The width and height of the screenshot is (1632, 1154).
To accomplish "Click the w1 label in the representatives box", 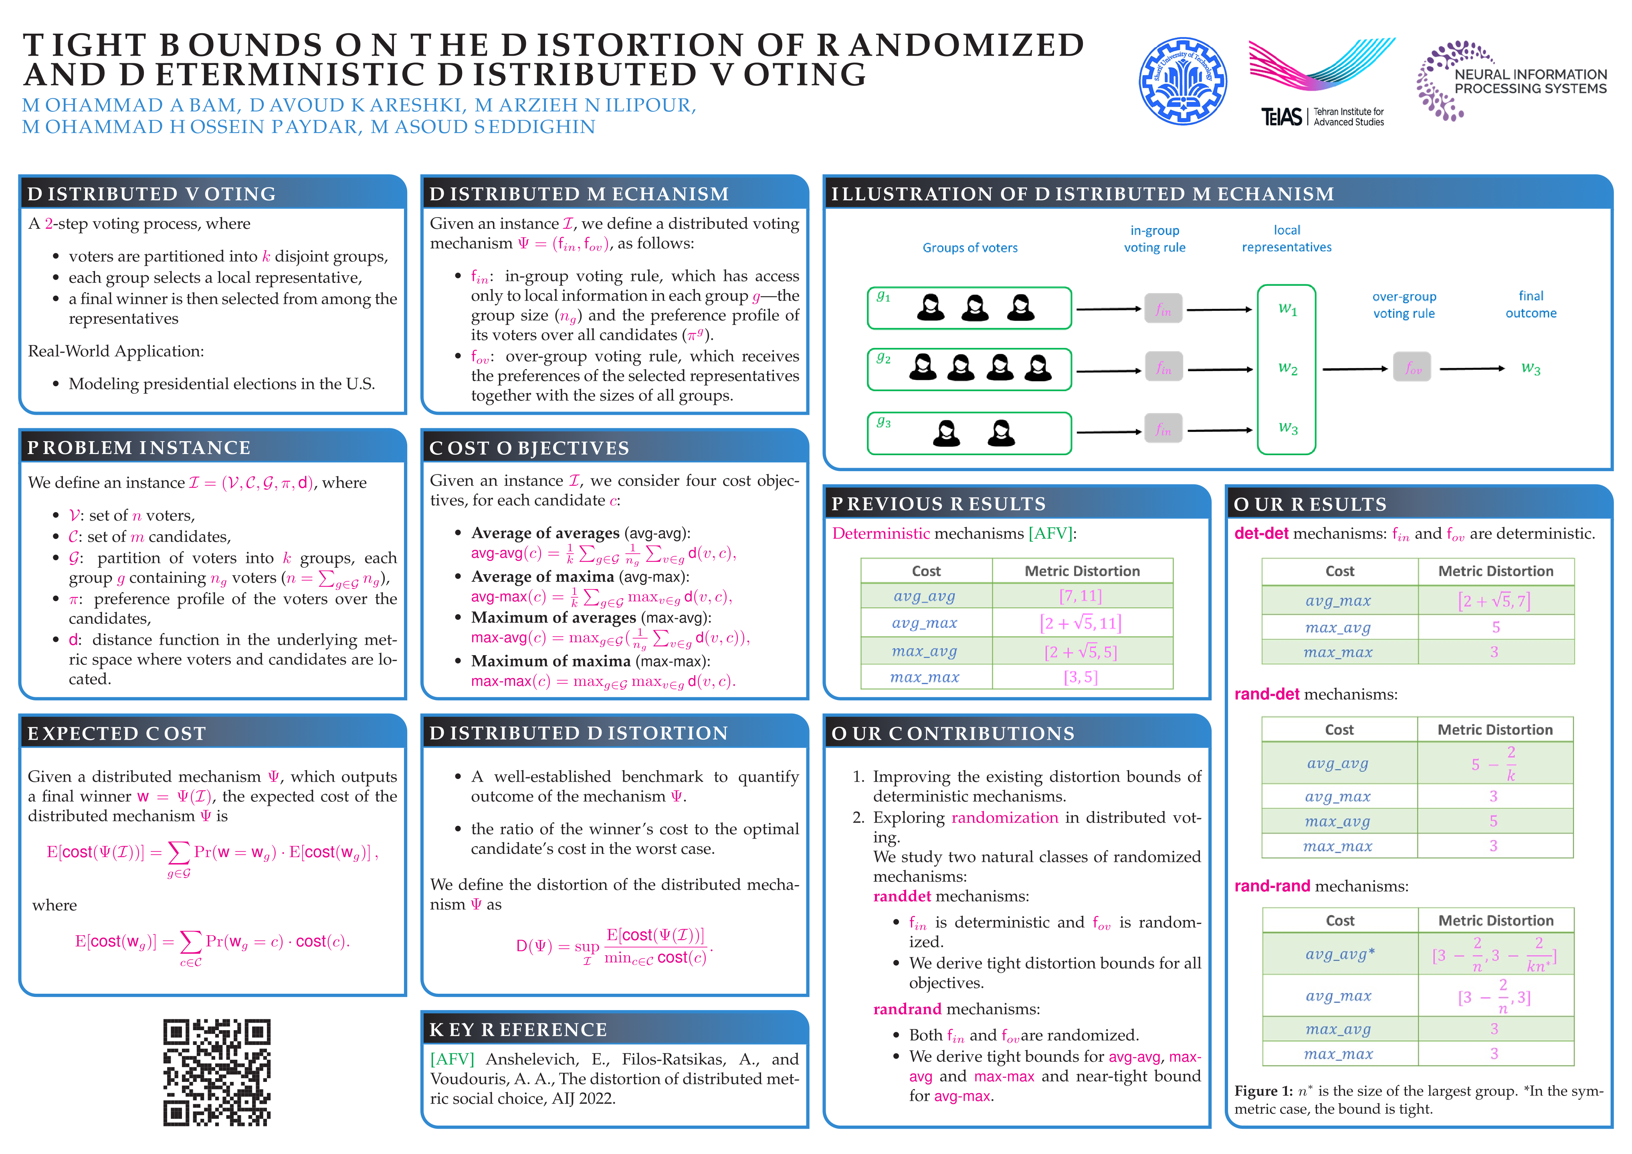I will [x=1287, y=309].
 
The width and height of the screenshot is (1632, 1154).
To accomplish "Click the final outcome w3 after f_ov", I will [x=1530, y=368].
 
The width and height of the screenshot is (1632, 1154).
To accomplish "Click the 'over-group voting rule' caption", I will [x=1404, y=305].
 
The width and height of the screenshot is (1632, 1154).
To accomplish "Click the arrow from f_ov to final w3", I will [x=1471, y=368].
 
